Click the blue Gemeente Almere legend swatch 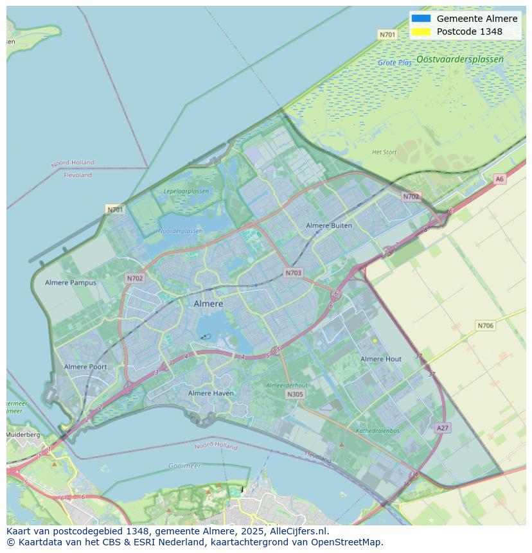point(421,19)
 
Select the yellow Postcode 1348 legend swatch point(421,31)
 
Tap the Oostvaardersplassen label point(459,59)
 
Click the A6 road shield point(499,179)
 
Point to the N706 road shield point(485,326)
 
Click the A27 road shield point(442,428)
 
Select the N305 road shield point(295,394)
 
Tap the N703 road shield point(292,273)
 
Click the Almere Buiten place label point(329,225)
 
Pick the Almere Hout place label point(380,359)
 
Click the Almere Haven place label point(211,393)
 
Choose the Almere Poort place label point(85,367)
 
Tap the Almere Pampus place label point(71,283)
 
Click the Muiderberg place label point(23,435)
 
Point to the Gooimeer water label point(184,466)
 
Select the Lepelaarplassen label point(186,191)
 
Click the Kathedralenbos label point(377,431)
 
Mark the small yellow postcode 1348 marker point(375,340)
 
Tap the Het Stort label point(384,152)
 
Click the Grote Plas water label point(395,63)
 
